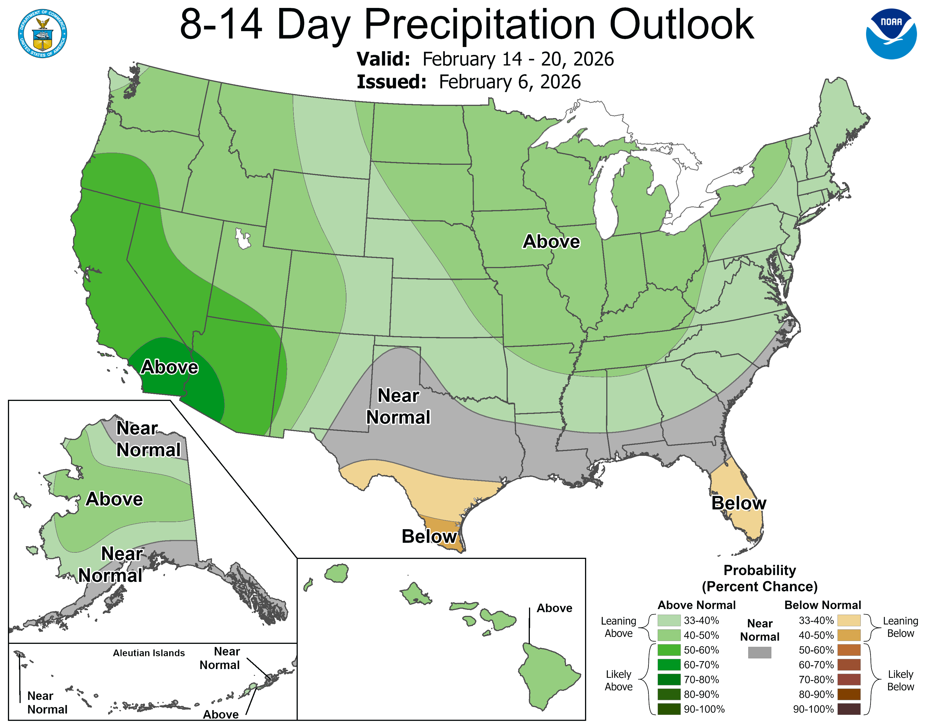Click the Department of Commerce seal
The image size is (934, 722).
pos(42,34)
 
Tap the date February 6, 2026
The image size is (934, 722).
pos(510,82)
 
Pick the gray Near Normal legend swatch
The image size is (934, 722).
pos(760,652)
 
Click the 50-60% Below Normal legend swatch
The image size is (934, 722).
pos(849,650)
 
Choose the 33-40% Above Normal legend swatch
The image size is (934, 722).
pos(669,620)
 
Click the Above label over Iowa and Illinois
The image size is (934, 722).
pos(551,242)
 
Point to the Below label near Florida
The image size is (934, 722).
pos(738,503)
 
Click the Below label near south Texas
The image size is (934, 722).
pos(429,536)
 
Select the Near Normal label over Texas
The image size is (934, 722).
pos(398,406)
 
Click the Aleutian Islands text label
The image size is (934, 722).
pos(149,653)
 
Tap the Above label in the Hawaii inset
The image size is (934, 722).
pos(554,608)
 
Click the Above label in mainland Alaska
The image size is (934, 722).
pos(114,499)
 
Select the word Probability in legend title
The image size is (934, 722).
pos(760,570)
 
